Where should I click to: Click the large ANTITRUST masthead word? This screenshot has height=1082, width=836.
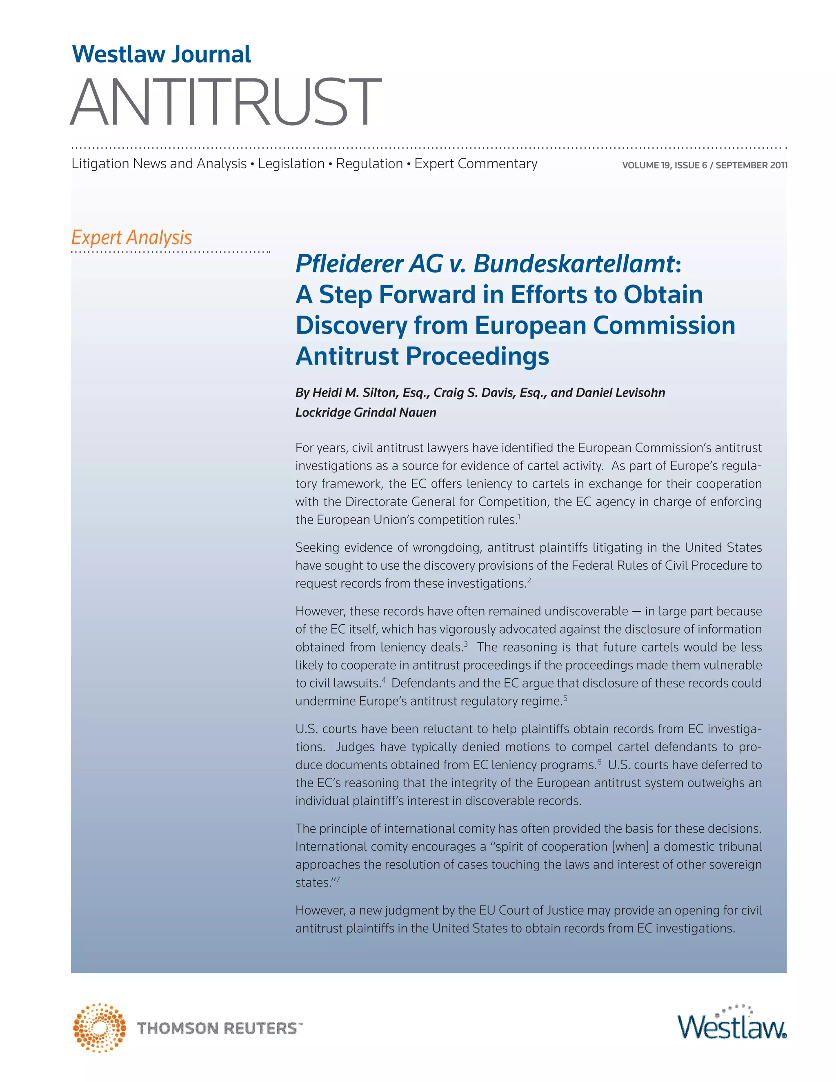226,102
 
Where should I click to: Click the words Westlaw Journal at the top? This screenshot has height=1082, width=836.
162,54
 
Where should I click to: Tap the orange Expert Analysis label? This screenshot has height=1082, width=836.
132,237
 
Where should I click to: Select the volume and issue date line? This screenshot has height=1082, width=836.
704,165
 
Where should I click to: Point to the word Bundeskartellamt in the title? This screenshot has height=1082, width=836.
574,264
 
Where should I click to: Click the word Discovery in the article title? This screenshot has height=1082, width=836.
351,325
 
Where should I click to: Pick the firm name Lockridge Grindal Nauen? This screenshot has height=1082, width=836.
365,413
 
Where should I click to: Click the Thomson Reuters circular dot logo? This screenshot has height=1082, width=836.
99,1028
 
